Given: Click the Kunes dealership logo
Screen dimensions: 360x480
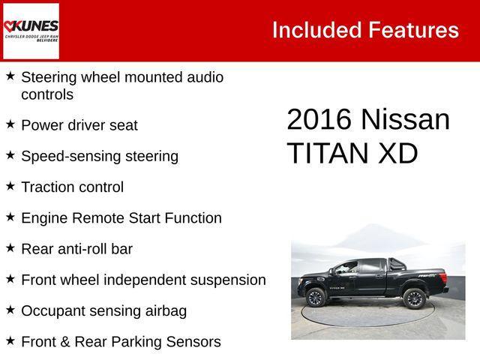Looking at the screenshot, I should [x=31, y=30].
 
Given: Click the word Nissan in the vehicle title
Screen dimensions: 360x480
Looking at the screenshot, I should [x=405, y=120].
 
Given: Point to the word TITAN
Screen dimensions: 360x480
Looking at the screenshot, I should [x=327, y=153].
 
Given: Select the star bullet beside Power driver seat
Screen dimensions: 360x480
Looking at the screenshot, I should [x=10, y=124].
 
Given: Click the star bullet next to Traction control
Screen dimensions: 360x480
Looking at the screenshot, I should [x=10, y=186].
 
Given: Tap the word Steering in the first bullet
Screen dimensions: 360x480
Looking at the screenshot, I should [x=51, y=77].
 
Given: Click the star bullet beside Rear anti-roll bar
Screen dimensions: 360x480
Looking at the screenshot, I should [x=10, y=248].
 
